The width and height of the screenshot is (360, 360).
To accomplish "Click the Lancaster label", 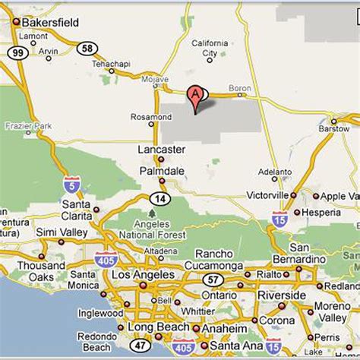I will (161, 150).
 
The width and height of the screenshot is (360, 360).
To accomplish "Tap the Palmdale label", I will (161, 172).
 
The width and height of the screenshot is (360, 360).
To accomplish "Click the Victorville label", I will (267, 195).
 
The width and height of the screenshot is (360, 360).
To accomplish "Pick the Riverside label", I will (283, 295).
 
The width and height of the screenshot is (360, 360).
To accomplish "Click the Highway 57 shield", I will (214, 279).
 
